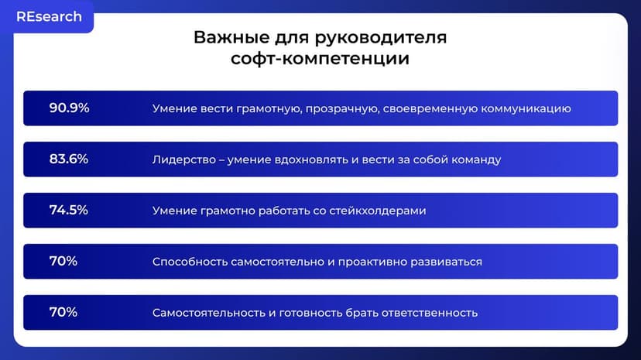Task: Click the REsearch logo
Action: click(49, 17)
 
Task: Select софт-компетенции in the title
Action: click(320, 59)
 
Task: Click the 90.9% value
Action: click(69, 108)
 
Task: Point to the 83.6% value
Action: click(69, 159)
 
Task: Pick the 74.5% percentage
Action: click(69, 211)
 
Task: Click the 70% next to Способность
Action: click(63, 262)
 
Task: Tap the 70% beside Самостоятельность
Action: click(63, 313)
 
